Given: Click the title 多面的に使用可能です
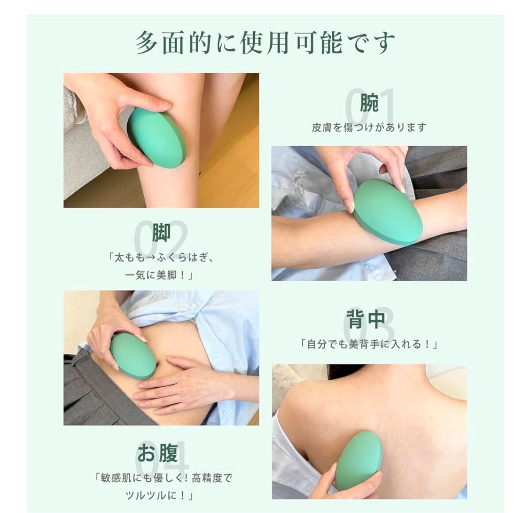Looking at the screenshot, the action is click(x=265, y=43).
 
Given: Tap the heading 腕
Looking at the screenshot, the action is click(x=369, y=103).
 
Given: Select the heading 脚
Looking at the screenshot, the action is click(x=161, y=233).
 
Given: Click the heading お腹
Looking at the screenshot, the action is click(x=158, y=452).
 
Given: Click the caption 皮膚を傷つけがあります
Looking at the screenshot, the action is click(x=369, y=128).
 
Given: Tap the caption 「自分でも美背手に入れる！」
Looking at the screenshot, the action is click(x=369, y=344).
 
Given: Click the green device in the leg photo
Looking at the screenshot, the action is click(x=157, y=137).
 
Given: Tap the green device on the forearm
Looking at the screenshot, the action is click(x=388, y=212).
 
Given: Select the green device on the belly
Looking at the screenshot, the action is click(x=133, y=356).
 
